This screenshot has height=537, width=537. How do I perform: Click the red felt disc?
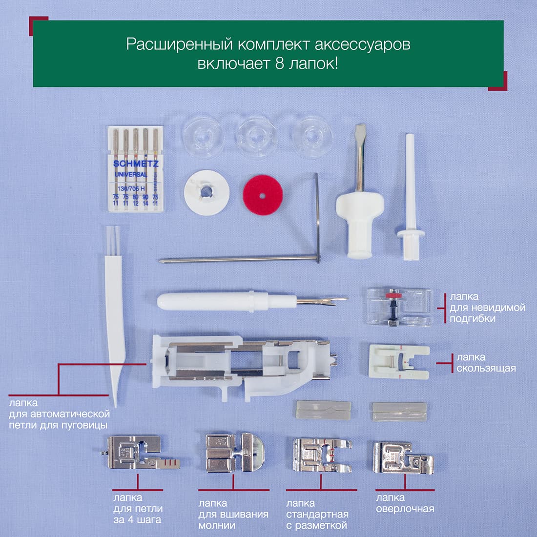click(263, 195)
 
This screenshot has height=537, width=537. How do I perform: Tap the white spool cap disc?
click(207, 192)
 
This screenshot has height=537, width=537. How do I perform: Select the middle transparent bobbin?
click(257, 137)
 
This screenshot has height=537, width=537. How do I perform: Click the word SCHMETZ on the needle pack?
click(136, 164)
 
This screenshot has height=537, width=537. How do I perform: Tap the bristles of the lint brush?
click(113, 241)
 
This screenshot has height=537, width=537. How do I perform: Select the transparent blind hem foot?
click(399, 307)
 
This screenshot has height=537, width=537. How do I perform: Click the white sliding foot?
click(399, 362)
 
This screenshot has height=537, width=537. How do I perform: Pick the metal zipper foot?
click(235, 453)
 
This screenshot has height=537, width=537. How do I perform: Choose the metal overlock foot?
click(403, 457)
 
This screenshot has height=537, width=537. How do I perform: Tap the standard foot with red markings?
click(322, 455)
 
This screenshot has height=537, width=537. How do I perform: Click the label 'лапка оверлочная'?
click(405, 503)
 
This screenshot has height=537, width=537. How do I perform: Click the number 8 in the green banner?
click(279, 63)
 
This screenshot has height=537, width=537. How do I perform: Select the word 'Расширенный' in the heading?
click(180, 45)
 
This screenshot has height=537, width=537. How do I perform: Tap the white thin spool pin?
click(410, 197)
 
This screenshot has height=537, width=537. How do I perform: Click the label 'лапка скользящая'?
click(486, 363)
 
